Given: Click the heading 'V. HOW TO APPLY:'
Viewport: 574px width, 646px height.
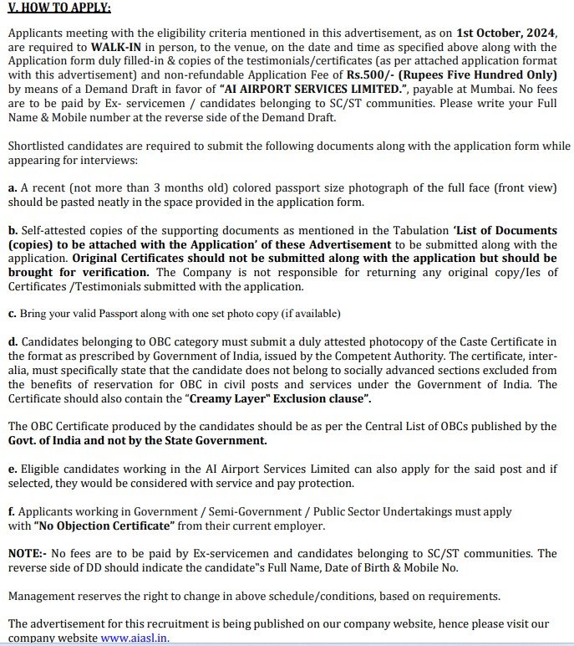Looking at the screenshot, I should coord(58,8).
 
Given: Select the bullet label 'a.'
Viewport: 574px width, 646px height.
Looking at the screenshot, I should coord(13,188).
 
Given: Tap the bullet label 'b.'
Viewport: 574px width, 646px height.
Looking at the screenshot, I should coord(13,230).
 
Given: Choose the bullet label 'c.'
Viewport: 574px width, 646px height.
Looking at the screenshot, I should coord(12,314).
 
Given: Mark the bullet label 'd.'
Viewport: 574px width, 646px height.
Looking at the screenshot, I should coord(13,342).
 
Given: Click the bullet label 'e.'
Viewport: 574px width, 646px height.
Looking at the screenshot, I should coord(12,469).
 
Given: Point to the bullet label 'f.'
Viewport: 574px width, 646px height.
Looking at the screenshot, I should coord(12,511).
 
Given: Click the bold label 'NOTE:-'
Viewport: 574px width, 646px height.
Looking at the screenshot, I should coord(28,554).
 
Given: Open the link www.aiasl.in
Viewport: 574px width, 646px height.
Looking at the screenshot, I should coord(134,638).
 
